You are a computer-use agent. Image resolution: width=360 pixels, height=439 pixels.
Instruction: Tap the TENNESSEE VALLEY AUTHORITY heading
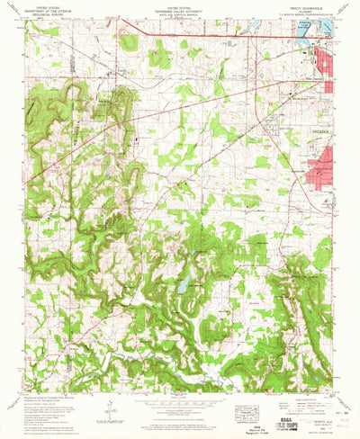[x=180, y=9]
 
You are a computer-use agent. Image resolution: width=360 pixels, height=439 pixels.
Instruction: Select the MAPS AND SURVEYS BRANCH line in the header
[x=180, y=13]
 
